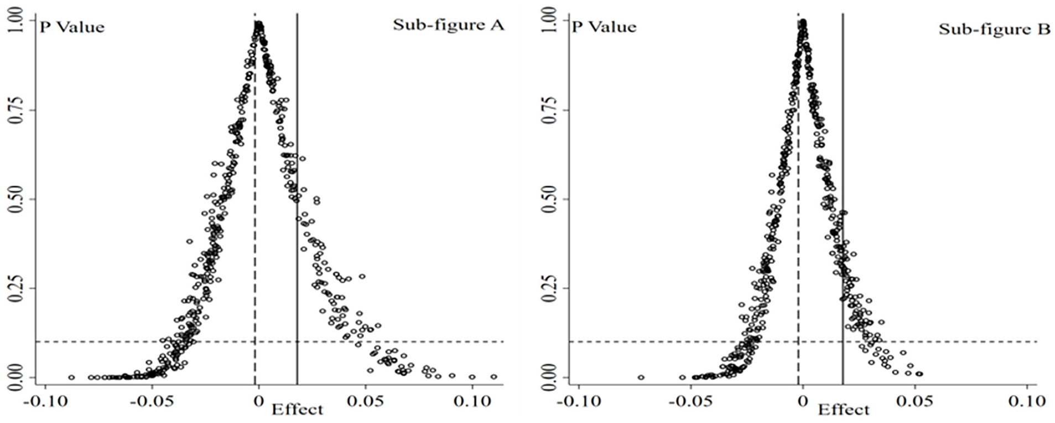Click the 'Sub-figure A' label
click(x=448, y=25)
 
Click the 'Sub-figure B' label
click(x=994, y=29)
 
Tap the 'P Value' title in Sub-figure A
click(x=72, y=27)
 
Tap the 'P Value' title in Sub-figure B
click(x=604, y=27)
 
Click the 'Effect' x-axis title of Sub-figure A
click(x=297, y=410)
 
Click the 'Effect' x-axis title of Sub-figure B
click(x=844, y=410)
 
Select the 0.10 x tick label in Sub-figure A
click(x=472, y=401)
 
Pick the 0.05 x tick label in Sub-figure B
click(x=915, y=401)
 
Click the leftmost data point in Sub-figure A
click(x=71, y=377)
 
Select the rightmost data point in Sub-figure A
click(x=493, y=376)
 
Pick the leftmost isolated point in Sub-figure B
click(x=641, y=377)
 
